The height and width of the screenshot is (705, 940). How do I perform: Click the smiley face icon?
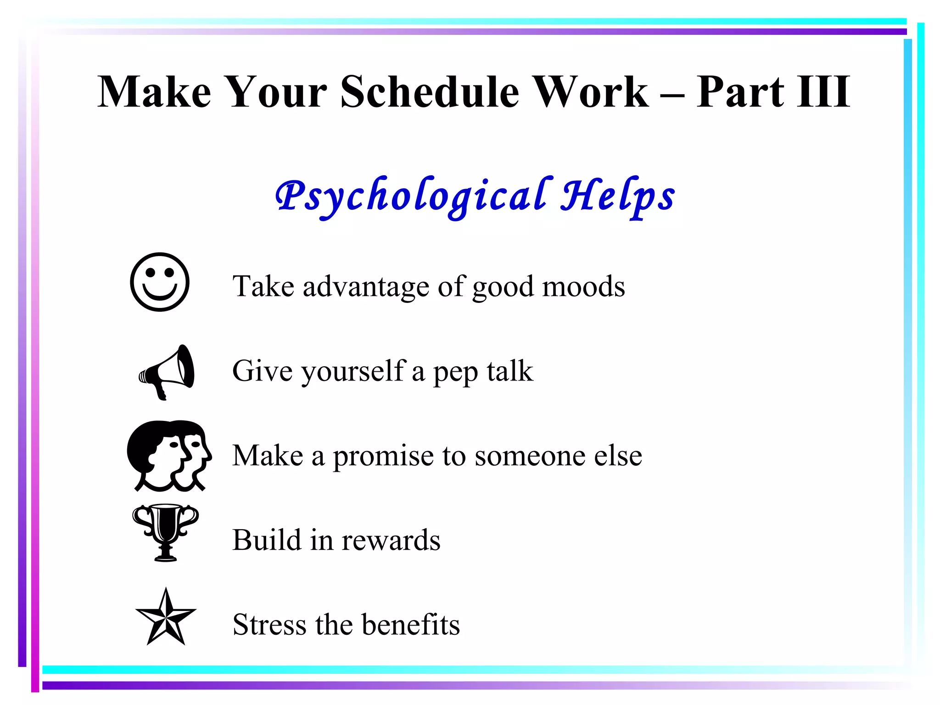click(x=160, y=282)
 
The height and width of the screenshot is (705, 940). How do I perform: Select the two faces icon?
click(x=169, y=455)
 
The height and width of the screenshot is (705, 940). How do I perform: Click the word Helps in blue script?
click(x=618, y=196)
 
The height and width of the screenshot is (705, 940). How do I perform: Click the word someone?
click(x=530, y=456)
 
